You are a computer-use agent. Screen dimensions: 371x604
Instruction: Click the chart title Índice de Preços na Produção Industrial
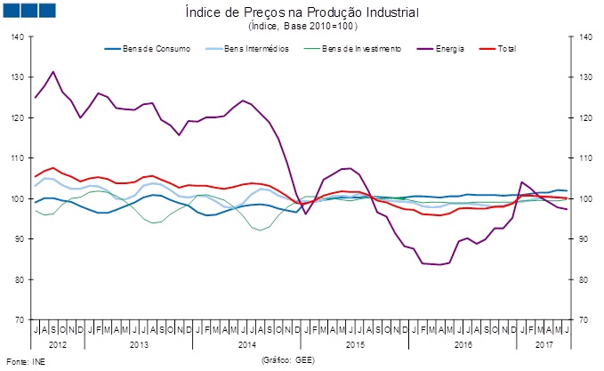click(x=302, y=12)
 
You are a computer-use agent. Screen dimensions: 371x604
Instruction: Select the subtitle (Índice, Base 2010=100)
click(x=302, y=26)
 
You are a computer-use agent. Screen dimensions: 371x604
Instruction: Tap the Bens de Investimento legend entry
click(x=360, y=47)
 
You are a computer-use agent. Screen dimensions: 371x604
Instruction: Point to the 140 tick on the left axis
click(x=18, y=37)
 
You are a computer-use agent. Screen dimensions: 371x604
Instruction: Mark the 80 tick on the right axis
click(x=584, y=279)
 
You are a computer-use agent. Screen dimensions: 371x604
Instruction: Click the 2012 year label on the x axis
click(x=58, y=343)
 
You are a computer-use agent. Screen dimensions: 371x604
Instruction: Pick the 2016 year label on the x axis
click(x=463, y=343)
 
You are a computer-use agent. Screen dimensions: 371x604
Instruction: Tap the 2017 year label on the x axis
click(x=544, y=343)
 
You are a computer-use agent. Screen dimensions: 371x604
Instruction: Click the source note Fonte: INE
click(x=23, y=360)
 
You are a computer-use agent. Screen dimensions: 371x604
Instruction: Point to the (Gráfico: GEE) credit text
click(x=287, y=360)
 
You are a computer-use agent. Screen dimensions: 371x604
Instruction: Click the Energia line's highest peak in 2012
click(x=53, y=72)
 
